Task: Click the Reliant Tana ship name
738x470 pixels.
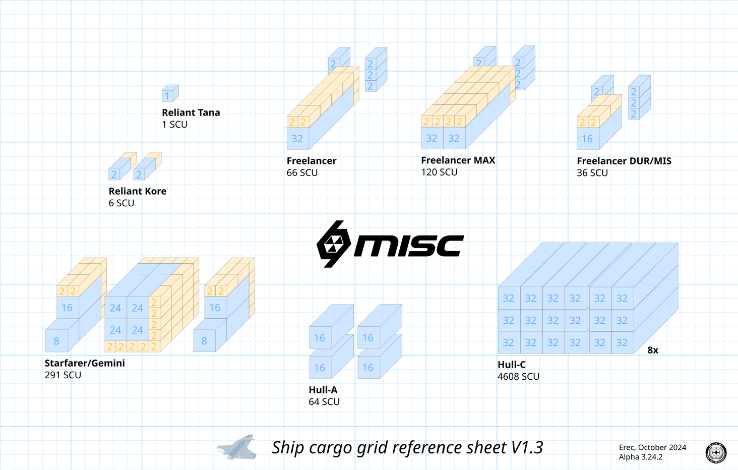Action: [191, 112]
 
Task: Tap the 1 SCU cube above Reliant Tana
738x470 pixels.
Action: [168, 94]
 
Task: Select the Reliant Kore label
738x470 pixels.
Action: [137, 191]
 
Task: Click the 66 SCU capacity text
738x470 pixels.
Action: [302, 172]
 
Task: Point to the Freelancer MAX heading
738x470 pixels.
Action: [458, 160]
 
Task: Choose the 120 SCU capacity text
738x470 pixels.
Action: [439, 172]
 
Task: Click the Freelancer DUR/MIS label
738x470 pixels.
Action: [624, 161]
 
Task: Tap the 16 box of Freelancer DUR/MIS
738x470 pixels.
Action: [587, 139]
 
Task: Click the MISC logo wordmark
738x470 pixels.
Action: [408, 246]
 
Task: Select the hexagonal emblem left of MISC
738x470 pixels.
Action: [333, 244]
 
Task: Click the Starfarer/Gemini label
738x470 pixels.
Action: [85, 363]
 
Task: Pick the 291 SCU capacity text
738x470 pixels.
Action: [63, 375]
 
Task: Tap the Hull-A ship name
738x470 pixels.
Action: [323, 390]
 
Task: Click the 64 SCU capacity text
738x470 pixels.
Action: [324, 402]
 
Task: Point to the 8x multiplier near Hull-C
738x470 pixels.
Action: [653, 350]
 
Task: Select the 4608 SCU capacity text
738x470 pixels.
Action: [518, 377]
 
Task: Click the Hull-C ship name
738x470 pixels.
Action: [511, 365]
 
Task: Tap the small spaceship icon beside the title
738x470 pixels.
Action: [237, 447]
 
